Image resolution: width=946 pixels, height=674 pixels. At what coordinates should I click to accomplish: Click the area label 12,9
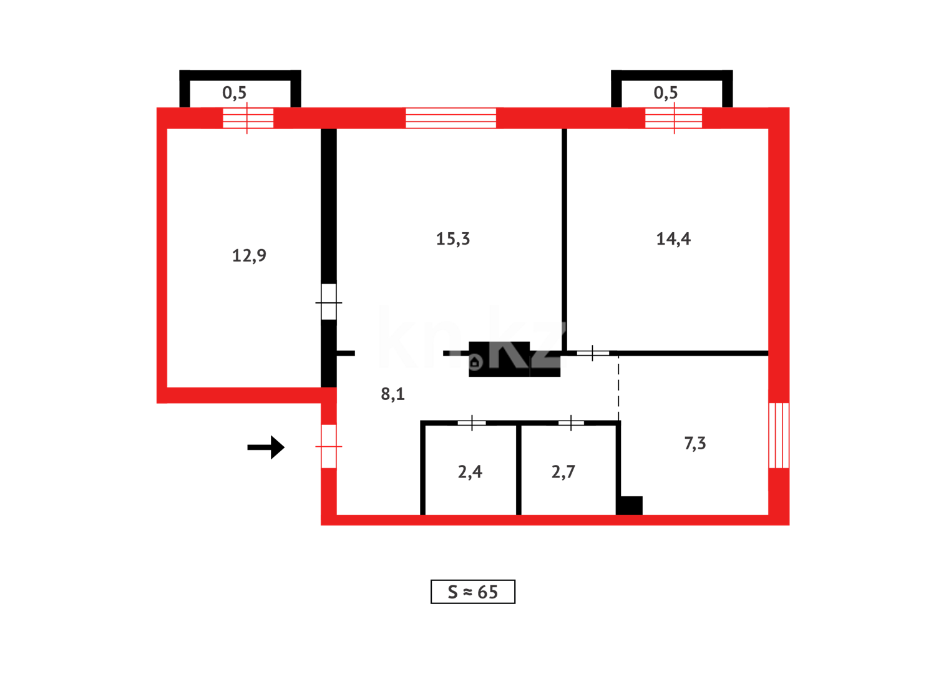pos(249,255)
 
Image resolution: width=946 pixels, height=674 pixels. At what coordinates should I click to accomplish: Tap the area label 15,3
pos(452,239)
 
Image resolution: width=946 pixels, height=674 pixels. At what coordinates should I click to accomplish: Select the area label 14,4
pos(673,239)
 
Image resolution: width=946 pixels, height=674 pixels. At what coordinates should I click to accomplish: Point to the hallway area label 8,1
pos(393,394)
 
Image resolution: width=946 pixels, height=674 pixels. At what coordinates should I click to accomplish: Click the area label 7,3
pos(695,443)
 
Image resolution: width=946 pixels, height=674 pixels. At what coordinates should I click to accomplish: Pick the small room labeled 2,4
pos(470,472)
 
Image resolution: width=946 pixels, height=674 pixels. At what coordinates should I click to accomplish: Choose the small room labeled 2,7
pos(563,472)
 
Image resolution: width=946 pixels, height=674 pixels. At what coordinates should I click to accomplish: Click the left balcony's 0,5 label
pos(234,93)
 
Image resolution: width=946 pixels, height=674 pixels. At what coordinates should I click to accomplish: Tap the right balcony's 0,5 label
pos(665,93)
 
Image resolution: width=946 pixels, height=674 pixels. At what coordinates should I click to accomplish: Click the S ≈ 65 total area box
pos(472,592)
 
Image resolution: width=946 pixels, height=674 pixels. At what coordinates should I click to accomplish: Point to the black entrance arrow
pos(266,447)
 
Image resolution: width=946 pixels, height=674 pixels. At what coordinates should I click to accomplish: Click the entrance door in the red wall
pos(329,446)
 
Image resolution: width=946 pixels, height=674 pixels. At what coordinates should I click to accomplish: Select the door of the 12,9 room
pos(329,302)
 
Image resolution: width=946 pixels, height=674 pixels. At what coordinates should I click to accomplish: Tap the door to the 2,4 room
pos(472,423)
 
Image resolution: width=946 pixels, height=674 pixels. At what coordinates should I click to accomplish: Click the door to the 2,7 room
pos(571,423)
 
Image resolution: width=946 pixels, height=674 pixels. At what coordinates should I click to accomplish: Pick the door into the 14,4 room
pos(592,353)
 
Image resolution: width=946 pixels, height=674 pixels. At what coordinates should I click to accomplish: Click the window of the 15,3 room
pos(451,118)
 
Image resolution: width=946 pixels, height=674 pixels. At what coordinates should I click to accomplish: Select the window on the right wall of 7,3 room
pos(779,435)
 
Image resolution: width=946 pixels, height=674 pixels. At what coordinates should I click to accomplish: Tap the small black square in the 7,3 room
pos(630,506)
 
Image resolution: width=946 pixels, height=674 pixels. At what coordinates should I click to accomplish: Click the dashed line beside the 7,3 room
pos(618,387)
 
